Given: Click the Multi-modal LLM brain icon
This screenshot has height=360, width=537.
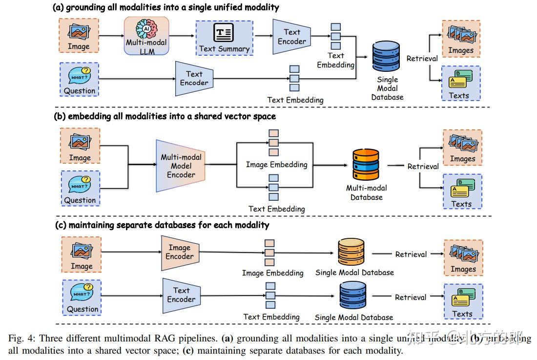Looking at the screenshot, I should (x=146, y=28).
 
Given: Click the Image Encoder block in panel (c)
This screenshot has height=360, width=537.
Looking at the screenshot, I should (x=180, y=252).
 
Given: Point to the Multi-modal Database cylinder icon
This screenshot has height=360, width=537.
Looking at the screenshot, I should (x=366, y=166).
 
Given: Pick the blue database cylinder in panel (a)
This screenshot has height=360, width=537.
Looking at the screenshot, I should (x=386, y=58).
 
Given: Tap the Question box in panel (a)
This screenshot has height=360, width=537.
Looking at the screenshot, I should (x=80, y=79).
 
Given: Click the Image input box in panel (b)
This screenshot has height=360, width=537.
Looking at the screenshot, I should (x=80, y=146).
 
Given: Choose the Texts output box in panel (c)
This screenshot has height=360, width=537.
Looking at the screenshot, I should (x=463, y=301).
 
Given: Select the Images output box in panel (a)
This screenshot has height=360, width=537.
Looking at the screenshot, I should (x=461, y=38).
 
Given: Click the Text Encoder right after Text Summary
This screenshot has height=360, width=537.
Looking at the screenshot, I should (x=291, y=37).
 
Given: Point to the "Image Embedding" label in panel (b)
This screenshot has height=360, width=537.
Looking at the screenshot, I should (x=276, y=165).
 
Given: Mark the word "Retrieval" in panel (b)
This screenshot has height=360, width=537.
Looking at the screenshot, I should (x=423, y=166).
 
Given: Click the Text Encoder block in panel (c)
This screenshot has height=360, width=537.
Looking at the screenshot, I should (x=181, y=295).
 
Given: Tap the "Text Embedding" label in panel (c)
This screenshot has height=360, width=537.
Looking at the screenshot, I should (x=271, y=317).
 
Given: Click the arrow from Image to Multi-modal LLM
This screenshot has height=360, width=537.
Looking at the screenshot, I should (x=111, y=36).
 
